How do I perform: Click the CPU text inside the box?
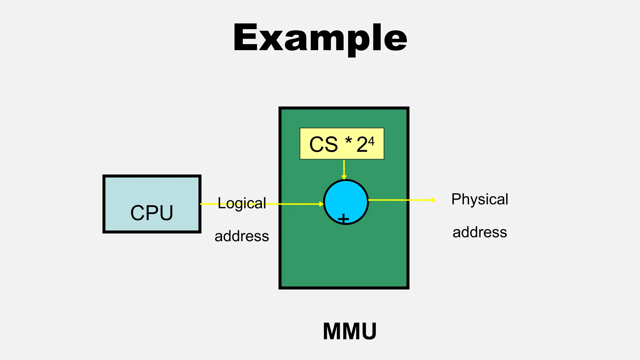coord(152,213)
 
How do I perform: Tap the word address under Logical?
coord(242,236)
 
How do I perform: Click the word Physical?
coord(480,199)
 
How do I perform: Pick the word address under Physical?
coord(480,232)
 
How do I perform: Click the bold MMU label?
coord(350,331)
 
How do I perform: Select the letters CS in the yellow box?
coord(323,144)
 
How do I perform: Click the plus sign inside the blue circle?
coord(343,218)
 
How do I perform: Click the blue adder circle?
coord(346,197)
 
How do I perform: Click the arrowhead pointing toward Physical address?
coord(433,200)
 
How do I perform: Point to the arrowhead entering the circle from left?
coord(321,204)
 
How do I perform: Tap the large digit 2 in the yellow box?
coord(362,145)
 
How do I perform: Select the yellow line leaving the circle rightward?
coord(400,200)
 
